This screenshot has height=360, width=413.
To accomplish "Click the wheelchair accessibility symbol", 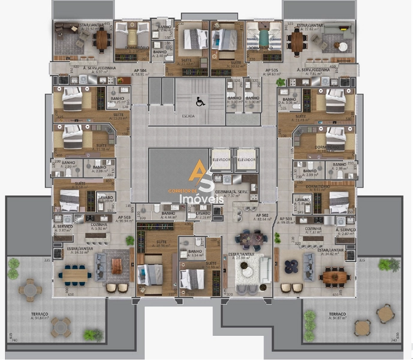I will [200, 102].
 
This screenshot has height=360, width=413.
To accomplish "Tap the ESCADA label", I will [188, 116].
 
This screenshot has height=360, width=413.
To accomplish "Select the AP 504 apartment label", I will [141, 70].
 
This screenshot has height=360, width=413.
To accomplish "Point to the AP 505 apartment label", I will [272, 70].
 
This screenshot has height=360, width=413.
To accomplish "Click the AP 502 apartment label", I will [261, 215].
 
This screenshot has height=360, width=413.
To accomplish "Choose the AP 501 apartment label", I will [287, 218].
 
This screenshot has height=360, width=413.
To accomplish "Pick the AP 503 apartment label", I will [124, 217].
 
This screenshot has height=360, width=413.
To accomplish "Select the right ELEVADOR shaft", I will [246, 160].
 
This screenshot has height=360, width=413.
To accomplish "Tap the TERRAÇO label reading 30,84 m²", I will [40, 315].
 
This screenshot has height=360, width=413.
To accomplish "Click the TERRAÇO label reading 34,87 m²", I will [337, 315].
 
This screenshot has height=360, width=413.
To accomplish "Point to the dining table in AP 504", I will [101, 39].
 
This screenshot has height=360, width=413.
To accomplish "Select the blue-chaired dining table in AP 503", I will [74, 273].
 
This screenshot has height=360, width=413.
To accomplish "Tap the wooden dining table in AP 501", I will [332, 277].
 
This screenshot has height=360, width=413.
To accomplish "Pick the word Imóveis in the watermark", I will [206, 199].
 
